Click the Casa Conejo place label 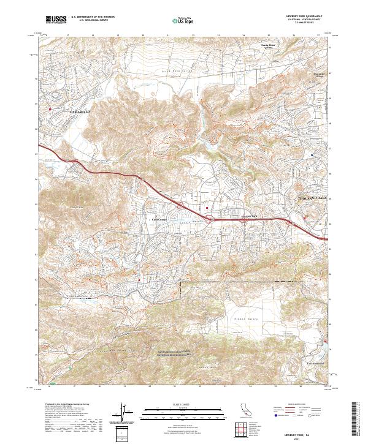[x=159, y=219]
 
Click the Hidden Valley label [x=245, y=320]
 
